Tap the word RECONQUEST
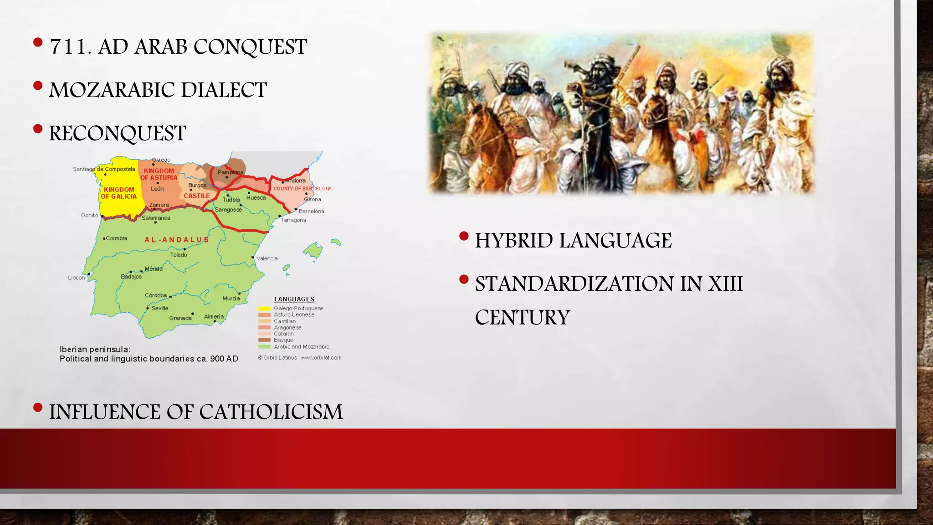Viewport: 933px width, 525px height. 118,134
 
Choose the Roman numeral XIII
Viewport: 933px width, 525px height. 725,284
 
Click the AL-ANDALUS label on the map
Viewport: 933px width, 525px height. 176,240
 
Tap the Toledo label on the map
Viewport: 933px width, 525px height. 179,255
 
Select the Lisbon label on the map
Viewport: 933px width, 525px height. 76,278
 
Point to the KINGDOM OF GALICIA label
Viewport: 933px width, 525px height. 118,193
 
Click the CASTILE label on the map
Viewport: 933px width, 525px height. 196,196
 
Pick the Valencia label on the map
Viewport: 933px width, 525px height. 267,258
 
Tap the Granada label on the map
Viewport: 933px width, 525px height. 180,318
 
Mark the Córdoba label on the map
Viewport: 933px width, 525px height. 156,295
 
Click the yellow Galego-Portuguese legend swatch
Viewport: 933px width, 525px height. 264,309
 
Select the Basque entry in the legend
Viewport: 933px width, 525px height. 283,340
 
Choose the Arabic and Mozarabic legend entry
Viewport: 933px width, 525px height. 301,347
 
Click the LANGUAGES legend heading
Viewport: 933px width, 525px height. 294,299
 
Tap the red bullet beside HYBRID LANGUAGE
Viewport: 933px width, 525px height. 464,236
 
